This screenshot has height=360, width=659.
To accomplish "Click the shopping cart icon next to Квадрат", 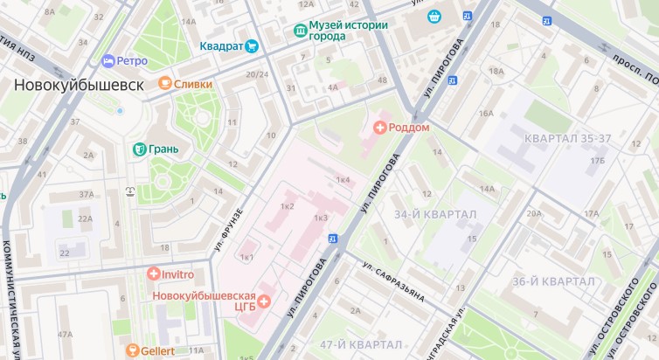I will point(253,46).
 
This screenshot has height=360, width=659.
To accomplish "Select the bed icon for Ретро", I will point(108,61).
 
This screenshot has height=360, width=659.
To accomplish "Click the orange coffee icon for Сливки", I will point(164,84).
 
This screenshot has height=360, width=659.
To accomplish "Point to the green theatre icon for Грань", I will point(138,149).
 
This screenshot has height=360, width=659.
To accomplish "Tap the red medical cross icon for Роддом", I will point(379,128).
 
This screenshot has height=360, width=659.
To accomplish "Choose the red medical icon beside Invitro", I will point(154,274).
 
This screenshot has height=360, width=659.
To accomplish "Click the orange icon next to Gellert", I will point(133,350).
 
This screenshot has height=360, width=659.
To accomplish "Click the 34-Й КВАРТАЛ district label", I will point(434,215).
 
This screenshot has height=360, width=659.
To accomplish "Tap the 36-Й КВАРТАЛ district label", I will point(553,281).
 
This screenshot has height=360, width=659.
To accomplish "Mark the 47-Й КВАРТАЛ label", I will point(361,343).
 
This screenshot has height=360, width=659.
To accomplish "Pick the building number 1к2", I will point(286,206).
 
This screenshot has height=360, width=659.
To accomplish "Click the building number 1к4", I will point(343,180).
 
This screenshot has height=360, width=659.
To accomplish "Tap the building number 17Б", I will point(597,162).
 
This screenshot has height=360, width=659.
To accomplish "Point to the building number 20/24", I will point(257,74).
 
